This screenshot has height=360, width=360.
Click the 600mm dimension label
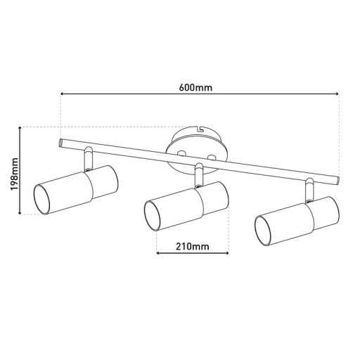point(196,87)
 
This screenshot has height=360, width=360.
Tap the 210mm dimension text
point(191,246)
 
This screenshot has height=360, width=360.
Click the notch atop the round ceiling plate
point(200,129)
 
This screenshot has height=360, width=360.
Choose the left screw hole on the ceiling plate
point(181,151)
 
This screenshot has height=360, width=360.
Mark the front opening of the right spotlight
point(264,232)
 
